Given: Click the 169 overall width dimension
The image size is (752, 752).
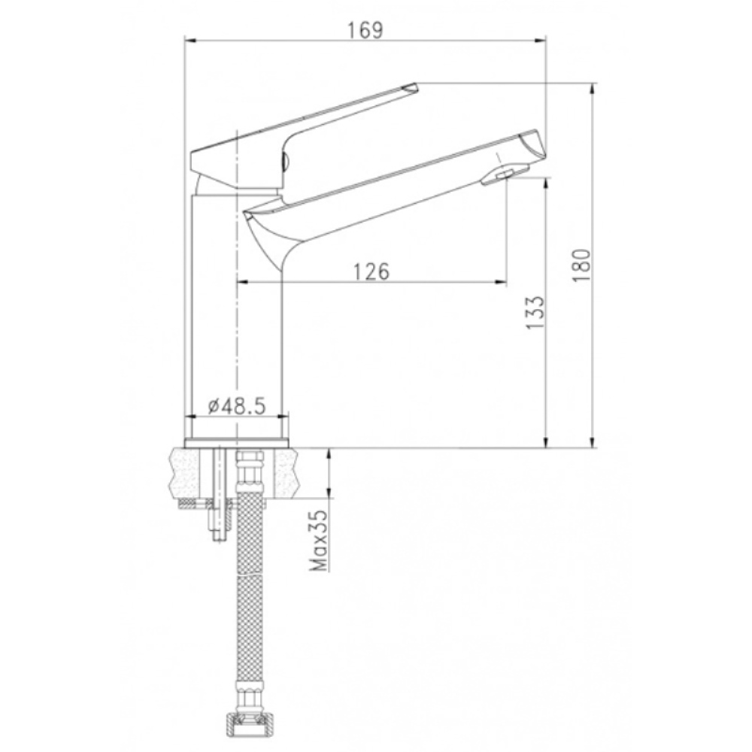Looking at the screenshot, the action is (365, 30).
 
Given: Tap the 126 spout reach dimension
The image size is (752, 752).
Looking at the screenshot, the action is (371, 271).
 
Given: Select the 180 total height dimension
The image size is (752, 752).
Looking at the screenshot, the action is (581, 265).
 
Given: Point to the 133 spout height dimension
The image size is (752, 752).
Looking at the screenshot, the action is (535, 312).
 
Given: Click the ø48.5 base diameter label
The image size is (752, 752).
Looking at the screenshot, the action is (237, 407).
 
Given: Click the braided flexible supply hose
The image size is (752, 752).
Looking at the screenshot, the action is (250, 599).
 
